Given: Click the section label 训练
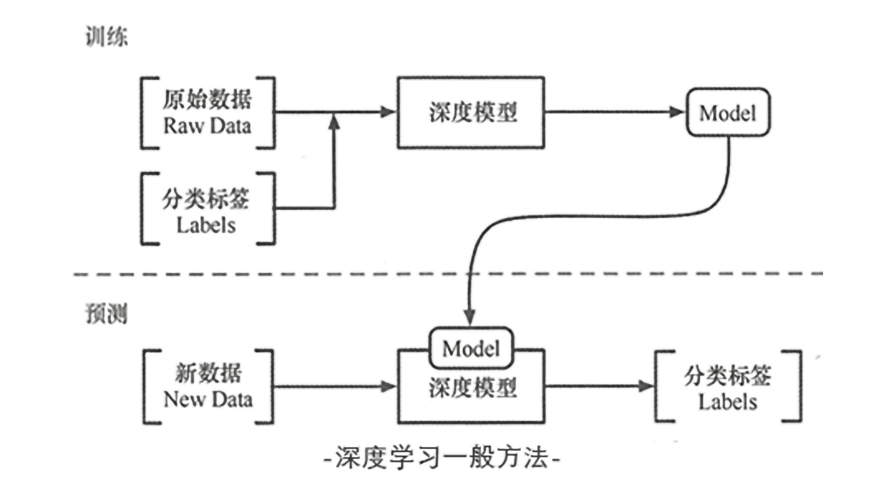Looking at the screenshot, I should click(x=107, y=36).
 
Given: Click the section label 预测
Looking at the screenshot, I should click(x=107, y=313).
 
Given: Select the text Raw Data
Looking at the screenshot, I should click(x=207, y=126).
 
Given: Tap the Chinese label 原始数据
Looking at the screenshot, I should click(x=207, y=99).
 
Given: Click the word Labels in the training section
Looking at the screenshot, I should click(x=206, y=225).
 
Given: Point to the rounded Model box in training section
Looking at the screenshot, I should click(x=728, y=113).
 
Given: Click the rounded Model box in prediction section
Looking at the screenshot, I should click(x=471, y=348).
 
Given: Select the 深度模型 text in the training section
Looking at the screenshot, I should click(x=473, y=113).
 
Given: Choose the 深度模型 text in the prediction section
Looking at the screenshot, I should click(x=473, y=388).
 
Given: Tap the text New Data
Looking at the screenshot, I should click(x=208, y=400).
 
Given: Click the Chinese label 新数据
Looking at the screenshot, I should click(x=208, y=373).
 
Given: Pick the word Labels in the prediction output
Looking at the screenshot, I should click(x=728, y=402).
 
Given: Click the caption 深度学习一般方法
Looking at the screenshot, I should click(x=442, y=458).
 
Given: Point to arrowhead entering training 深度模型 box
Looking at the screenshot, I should click(x=388, y=112).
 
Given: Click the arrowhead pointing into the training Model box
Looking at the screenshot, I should click(x=677, y=112).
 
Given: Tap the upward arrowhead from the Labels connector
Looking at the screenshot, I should click(x=334, y=122).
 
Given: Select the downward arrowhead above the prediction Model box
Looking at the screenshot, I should click(x=470, y=317).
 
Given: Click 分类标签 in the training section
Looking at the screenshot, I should click(x=206, y=199).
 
